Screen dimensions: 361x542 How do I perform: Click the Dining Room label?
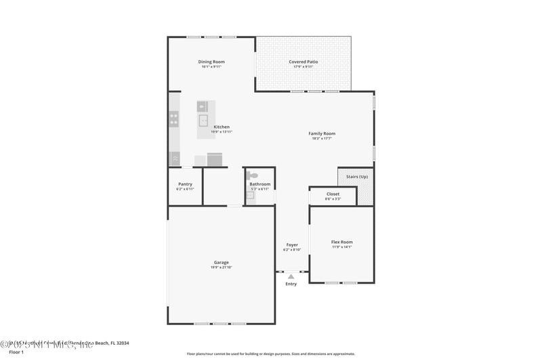coord(211,62)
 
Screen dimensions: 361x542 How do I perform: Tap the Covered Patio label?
coord(303,62)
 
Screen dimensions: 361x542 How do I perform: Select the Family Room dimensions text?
coord(322,139)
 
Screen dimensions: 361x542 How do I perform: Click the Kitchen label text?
coord(222,127)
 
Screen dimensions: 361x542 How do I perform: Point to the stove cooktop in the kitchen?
coord(174,119)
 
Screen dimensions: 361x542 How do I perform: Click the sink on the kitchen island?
coord(203,121)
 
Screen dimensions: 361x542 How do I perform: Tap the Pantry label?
coord(185,184)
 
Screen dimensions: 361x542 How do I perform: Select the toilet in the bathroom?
coord(252,175)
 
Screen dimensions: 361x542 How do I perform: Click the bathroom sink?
coord(249,195)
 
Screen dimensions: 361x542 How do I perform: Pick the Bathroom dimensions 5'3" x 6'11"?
coord(260,189)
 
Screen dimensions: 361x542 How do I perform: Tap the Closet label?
coord(333,194)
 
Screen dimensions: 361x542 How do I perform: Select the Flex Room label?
coord(341,242)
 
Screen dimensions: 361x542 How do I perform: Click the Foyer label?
coord(292,245)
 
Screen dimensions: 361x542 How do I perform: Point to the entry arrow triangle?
coord(291,276)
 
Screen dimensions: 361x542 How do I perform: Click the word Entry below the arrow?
coord(291,284)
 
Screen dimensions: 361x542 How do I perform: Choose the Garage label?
coord(222,262)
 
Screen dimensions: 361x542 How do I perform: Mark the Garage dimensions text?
coord(222,268)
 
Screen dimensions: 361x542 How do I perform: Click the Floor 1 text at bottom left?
coord(16,352)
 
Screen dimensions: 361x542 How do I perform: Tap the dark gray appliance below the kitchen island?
coord(215,160)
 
